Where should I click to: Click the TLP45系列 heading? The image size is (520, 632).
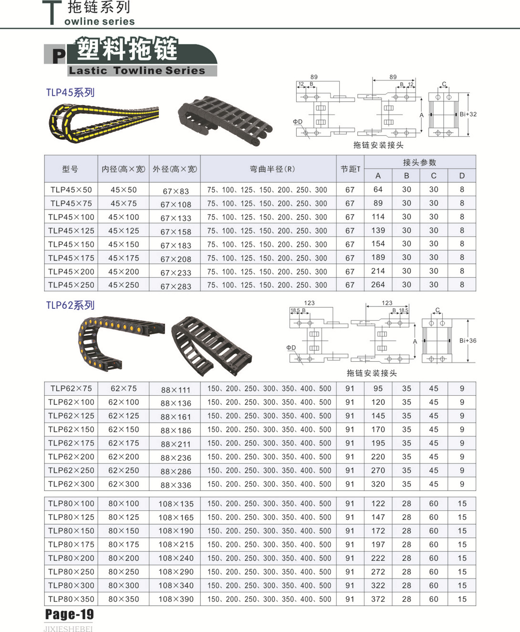71,92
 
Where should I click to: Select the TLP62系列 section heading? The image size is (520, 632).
71,305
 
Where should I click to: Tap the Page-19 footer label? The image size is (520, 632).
70,614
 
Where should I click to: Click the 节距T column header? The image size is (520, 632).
350,169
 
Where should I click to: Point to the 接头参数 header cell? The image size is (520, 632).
419,162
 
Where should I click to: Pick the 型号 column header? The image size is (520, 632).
71,169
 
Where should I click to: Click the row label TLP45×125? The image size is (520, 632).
71,231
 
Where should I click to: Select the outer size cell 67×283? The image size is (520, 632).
176,286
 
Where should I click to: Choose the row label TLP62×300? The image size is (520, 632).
71,484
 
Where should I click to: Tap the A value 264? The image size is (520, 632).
378,284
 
